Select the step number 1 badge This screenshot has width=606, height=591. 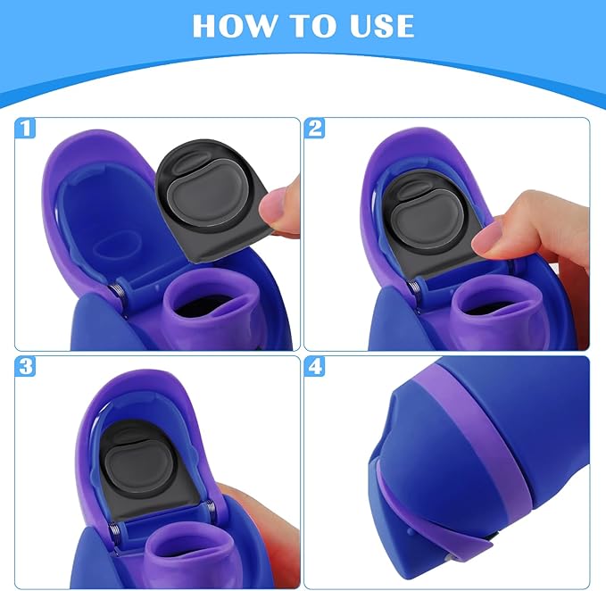[25, 129]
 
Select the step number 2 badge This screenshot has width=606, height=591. [315, 129]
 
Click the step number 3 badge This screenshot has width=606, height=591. [25, 367]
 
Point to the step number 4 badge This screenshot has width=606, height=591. [315, 367]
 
